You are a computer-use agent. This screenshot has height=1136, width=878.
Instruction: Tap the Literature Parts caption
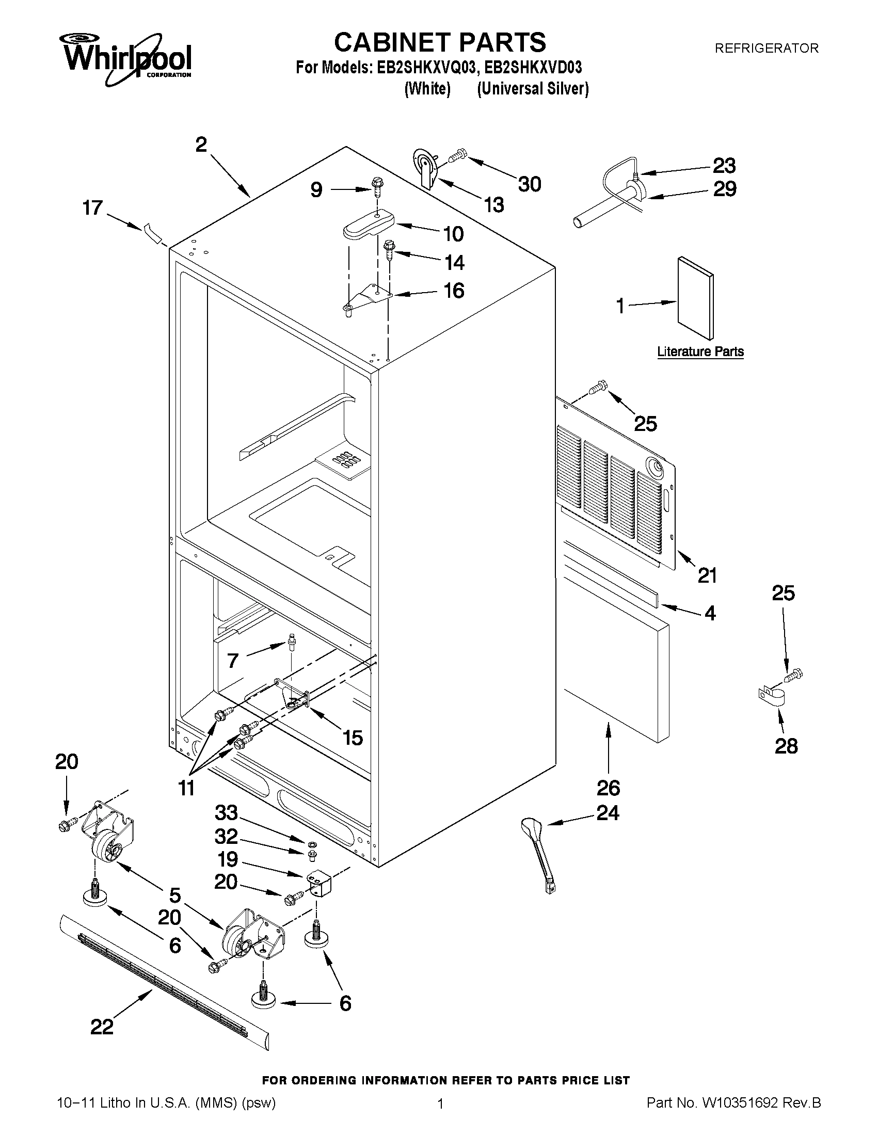tap(700, 351)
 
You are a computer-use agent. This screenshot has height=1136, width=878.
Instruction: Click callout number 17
tap(93, 208)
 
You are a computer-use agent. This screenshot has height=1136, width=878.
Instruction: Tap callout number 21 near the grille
tap(707, 575)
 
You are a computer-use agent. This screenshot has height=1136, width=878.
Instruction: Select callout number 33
tap(226, 812)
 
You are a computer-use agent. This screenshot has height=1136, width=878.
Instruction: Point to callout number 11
tap(186, 788)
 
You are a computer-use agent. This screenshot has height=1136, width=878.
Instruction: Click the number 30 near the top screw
tap(530, 184)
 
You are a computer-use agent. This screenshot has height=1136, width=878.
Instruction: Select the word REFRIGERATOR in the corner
tap(766, 49)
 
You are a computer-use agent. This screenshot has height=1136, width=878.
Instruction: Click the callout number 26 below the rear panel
tap(608, 788)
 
